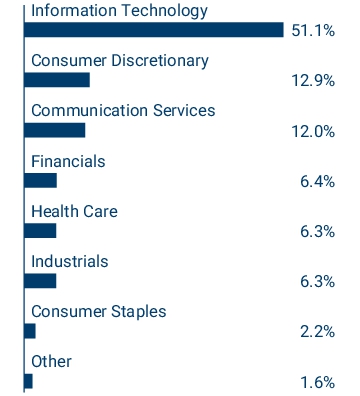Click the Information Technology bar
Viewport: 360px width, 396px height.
(x=153, y=30)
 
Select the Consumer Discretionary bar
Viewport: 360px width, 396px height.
(x=57, y=80)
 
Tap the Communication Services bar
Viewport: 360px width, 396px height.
(x=55, y=130)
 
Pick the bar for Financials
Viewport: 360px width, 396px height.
(x=41, y=180)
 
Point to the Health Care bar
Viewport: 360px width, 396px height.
(x=41, y=231)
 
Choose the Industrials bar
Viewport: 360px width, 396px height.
(x=41, y=281)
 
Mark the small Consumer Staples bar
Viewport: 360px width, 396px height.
(x=30, y=331)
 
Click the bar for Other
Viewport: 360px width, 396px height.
(x=29, y=381)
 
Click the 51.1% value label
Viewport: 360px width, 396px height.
(x=312, y=31)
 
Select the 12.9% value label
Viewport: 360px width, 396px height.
(x=312, y=81)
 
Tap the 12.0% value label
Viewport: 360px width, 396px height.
(x=312, y=131)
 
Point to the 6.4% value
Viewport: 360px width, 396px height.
(x=317, y=181)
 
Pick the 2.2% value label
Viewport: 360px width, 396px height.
(x=317, y=331)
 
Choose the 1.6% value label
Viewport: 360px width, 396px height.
(x=317, y=381)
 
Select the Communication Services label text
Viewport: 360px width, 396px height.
(x=123, y=110)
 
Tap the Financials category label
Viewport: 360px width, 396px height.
(x=68, y=160)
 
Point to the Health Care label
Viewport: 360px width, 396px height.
(x=73, y=211)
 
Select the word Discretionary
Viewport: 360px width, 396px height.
(x=158, y=60)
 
